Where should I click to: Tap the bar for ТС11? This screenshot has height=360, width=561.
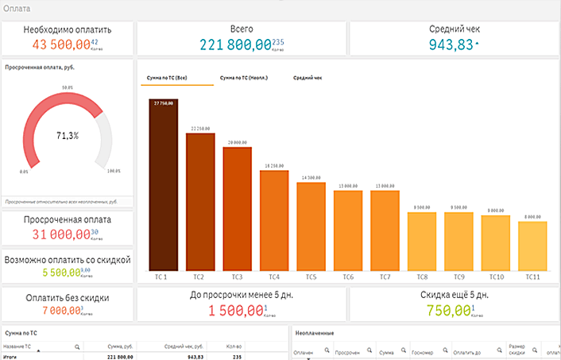[533, 246]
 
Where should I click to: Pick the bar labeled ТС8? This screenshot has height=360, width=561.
[422, 241]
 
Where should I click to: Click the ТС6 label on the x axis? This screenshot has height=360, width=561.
[348, 277]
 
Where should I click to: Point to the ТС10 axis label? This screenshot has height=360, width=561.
[496, 277]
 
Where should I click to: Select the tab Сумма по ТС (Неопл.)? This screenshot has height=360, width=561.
[243, 78]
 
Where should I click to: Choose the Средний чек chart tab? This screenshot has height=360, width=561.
[307, 78]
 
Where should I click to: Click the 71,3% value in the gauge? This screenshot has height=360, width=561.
[68, 136]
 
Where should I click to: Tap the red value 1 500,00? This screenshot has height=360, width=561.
[235, 311]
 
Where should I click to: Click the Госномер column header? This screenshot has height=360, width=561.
[422, 350]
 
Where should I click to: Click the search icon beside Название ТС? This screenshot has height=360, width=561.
[76, 347]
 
